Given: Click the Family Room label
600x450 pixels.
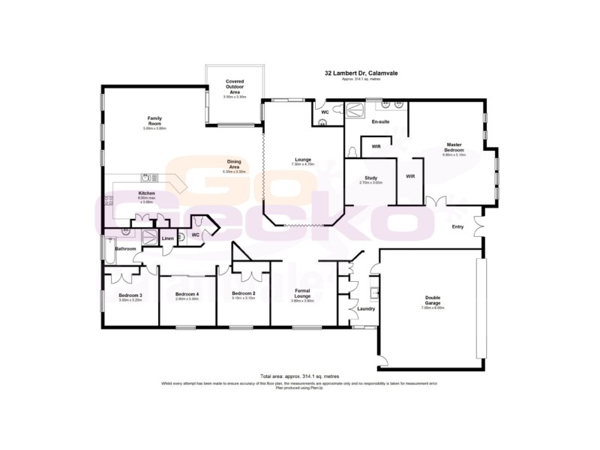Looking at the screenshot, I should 154,118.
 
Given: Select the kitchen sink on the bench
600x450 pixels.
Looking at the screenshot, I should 146,178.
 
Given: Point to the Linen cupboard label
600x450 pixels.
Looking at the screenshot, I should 167,239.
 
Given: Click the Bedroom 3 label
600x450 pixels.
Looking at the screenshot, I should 130,295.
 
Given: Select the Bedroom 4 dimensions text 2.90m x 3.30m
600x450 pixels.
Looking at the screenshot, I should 187,299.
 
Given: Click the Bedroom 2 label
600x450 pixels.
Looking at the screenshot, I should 244,293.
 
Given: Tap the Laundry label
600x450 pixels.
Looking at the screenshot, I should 366,308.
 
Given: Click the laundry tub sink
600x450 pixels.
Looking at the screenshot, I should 373,292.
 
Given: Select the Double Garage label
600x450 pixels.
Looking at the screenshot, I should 433,300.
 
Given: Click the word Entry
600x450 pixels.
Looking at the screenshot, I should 457,227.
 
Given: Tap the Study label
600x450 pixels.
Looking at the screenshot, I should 370,178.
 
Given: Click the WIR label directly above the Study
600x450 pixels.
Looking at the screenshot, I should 376,146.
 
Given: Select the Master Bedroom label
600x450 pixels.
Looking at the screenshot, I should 454,147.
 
